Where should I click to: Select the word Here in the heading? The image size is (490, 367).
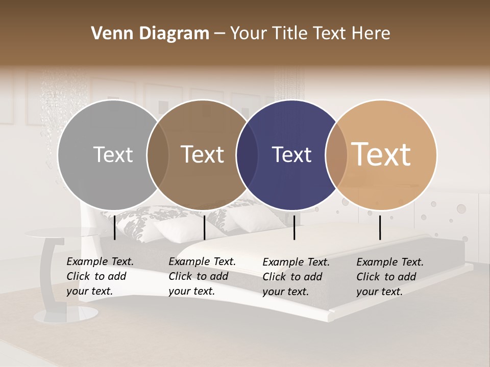tap(373, 34)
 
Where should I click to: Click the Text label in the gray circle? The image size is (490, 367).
tap(113, 154)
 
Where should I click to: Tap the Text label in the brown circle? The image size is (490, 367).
tap(203, 154)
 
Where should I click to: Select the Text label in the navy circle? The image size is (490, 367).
tap(292, 155)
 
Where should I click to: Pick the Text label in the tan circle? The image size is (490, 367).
tap(381, 154)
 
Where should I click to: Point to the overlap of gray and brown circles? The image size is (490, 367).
tap(158, 154)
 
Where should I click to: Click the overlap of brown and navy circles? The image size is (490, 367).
tap(247, 154)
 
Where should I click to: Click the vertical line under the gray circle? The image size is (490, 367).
tap(115, 227)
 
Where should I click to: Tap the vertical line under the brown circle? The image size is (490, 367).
tap(204, 227)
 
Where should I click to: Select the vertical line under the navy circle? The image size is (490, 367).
tap(294, 227)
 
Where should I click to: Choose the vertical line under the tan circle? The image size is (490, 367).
tap(380, 227)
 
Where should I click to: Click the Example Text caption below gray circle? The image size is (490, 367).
tap(100, 276)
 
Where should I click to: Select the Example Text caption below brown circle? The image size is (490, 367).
tap(202, 276)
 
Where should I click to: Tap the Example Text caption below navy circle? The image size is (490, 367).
tap(296, 277)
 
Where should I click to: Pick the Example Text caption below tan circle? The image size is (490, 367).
tap(389, 277)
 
